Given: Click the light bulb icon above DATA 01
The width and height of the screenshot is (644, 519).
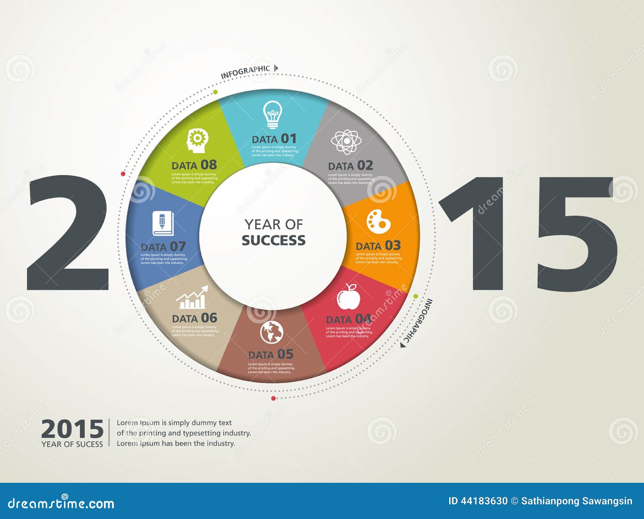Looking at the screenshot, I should (x=272, y=114).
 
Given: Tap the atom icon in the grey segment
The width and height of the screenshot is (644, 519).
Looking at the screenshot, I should (x=346, y=142).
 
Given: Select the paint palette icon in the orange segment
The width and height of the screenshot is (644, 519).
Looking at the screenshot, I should (x=378, y=221).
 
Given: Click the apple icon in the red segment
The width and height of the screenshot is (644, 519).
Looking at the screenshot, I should (x=349, y=297).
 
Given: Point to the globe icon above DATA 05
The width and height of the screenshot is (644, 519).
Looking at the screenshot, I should (x=272, y=332).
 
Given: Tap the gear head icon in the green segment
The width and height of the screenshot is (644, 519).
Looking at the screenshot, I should (x=197, y=140).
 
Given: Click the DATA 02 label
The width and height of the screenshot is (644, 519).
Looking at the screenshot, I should (x=350, y=166).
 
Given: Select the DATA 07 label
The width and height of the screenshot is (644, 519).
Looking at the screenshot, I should (x=163, y=246).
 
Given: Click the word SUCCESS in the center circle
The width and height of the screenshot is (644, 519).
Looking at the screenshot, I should (x=273, y=240).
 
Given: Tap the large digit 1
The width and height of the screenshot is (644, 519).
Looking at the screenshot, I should (x=477, y=233).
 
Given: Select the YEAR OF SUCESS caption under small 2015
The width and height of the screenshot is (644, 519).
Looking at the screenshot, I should (x=72, y=444).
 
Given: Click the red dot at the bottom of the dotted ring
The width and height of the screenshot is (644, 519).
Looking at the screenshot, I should (x=274, y=398).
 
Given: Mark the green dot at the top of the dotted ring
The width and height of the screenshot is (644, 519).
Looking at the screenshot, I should (x=215, y=92).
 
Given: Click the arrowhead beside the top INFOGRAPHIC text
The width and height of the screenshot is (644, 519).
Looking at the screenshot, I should (x=276, y=68).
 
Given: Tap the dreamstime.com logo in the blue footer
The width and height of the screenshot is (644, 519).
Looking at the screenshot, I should (x=61, y=503).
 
